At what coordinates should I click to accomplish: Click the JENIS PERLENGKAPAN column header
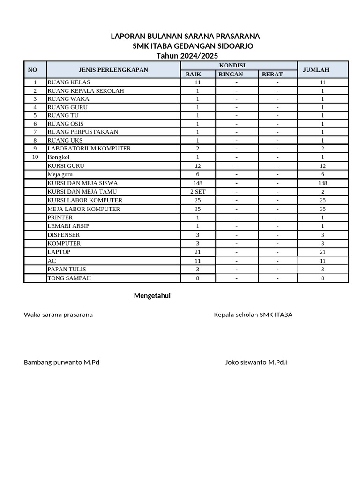[x=113, y=70]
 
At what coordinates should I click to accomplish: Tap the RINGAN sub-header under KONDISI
[x=231, y=74]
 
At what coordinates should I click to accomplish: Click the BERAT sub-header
[x=272, y=74]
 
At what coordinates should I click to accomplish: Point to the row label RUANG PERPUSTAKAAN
[x=82, y=132]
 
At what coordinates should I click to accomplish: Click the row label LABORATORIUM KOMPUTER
[x=89, y=149]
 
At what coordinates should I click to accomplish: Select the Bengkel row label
[x=59, y=157]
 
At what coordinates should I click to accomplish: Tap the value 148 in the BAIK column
[x=198, y=183]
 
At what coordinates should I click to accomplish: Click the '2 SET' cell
[x=198, y=192]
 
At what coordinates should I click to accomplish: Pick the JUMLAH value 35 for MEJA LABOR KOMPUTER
[x=322, y=209]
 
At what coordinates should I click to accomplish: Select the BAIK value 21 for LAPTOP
[x=198, y=252]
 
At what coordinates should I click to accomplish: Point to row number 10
[x=35, y=157]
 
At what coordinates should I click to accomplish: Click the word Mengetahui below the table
[x=152, y=296]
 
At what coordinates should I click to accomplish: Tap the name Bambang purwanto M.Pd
[x=61, y=362]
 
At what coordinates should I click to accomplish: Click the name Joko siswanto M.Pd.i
[x=256, y=362]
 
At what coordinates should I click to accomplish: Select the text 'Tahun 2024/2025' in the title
[x=187, y=56]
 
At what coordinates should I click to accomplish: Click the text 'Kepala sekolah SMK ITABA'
[x=253, y=315]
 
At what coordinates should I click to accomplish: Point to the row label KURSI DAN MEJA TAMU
[x=82, y=192]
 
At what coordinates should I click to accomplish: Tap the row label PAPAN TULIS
[x=67, y=270]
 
